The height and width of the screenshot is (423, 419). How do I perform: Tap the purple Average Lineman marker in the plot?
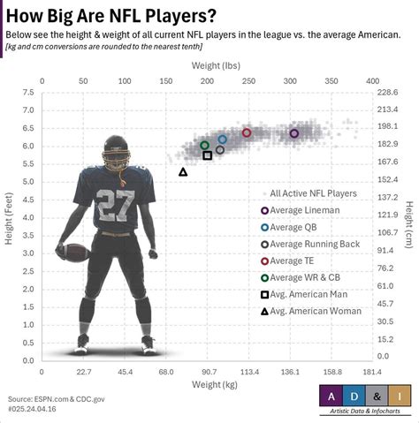tap(294, 133)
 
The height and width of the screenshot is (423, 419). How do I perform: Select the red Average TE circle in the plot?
tap(247, 132)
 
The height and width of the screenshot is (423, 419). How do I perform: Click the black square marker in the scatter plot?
tap(208, 155)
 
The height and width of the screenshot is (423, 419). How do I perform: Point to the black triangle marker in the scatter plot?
tap(183, 171)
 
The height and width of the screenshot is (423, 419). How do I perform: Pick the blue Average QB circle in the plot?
tap(223, 139)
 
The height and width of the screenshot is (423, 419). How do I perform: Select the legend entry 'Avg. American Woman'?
tap(315, 311)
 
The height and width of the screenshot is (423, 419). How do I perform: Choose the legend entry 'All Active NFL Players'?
tap(313, 193)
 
